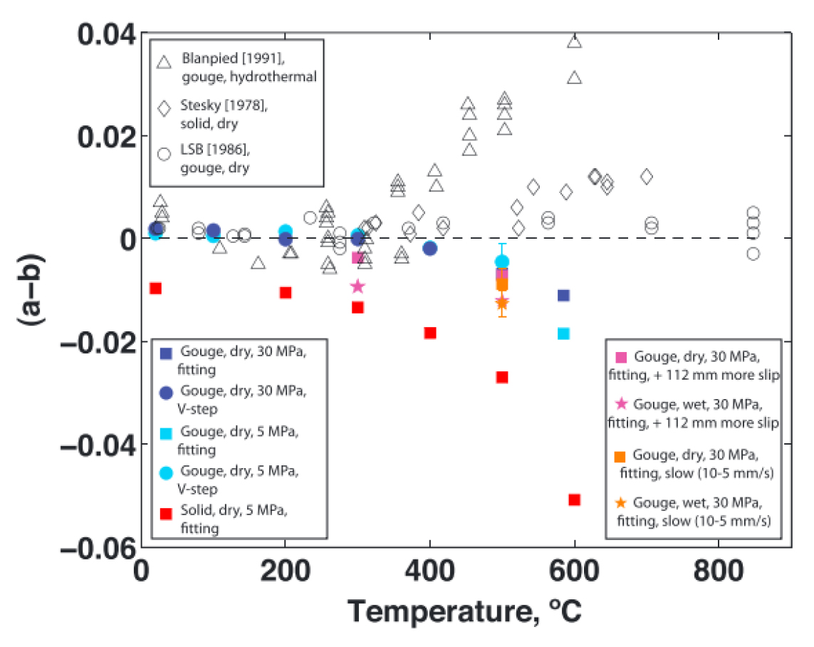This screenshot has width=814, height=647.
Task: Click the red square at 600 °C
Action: click(x=574, y=500)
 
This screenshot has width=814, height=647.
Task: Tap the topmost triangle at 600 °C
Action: click(x=574, y=41)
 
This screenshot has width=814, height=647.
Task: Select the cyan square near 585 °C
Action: click(x=563, y=333)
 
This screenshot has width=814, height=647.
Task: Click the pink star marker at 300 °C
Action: click(x=358, y=286)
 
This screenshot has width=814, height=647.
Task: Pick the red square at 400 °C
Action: click(x=429, y=333)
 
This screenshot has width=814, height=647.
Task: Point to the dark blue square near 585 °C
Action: click(x=563, y=295)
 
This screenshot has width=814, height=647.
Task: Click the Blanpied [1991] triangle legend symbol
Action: click(x=165, y=63)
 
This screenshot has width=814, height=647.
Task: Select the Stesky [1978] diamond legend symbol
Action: click(x=165, y=108)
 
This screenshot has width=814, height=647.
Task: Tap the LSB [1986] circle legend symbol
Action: click(x=165, y=154)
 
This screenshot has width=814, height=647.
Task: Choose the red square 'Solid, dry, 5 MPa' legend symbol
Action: click(x=166, y=513)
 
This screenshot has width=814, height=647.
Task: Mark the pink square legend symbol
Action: click(x=620, y=356)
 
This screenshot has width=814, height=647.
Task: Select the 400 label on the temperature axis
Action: click(x=429, y=571)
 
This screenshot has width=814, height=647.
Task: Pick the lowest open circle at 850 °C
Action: click(x=753, y=253)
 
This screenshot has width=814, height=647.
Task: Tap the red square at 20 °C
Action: click(x=155, y=288)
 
